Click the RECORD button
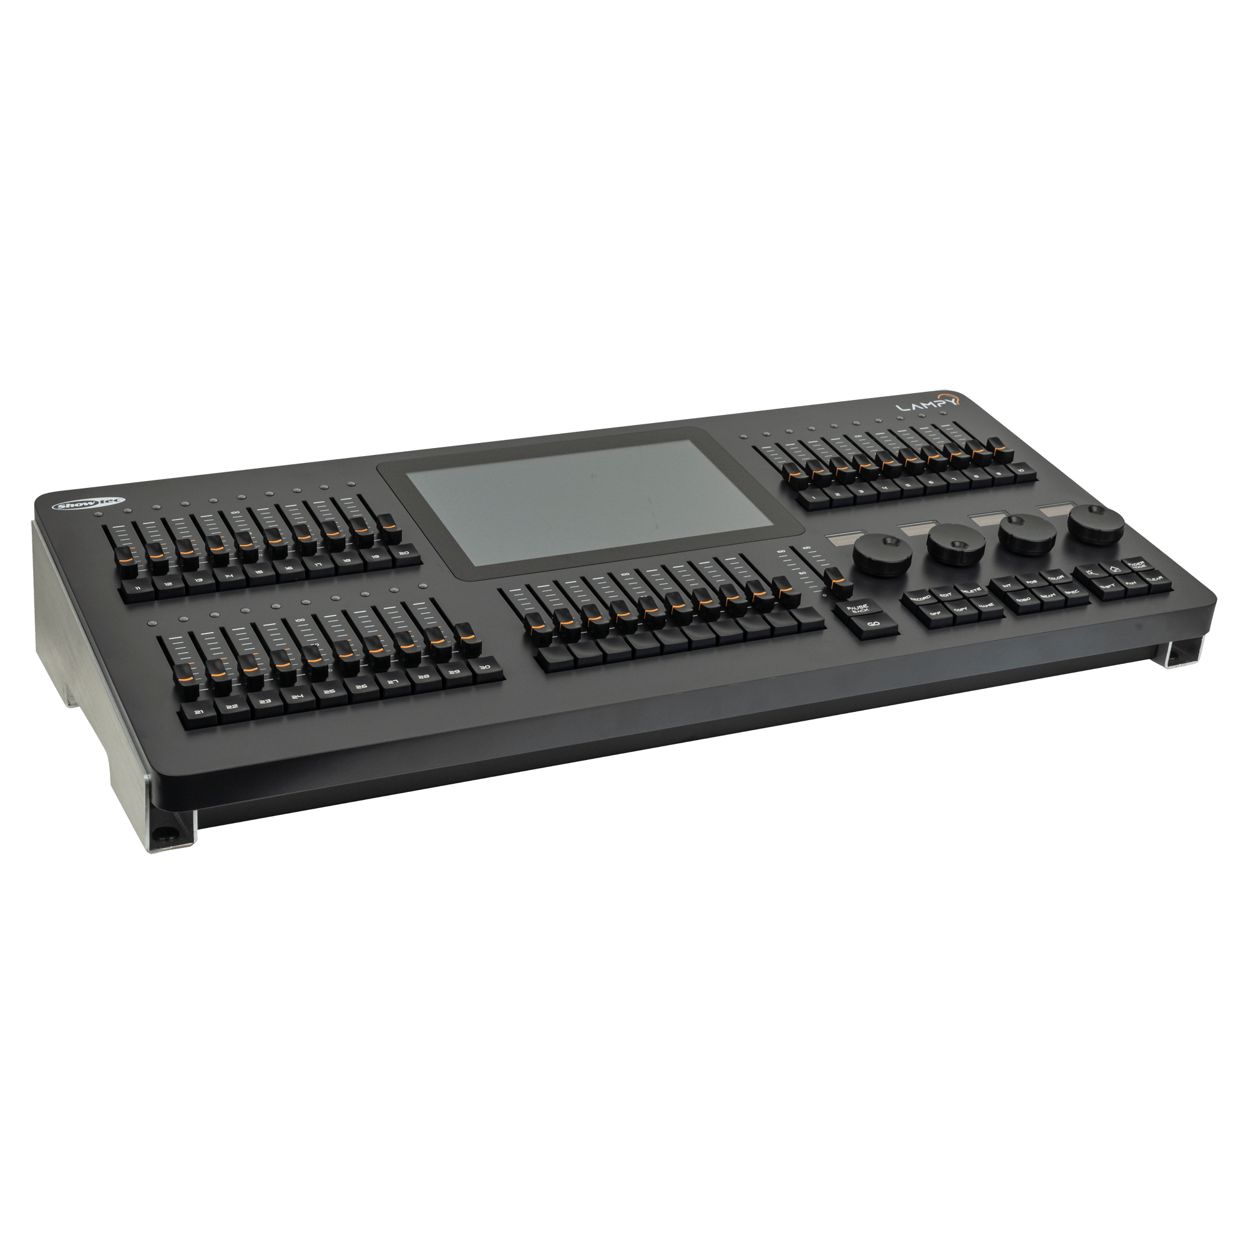(x=920, y=599)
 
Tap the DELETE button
(x=970, y=590)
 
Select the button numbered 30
(x=485, y=668)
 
